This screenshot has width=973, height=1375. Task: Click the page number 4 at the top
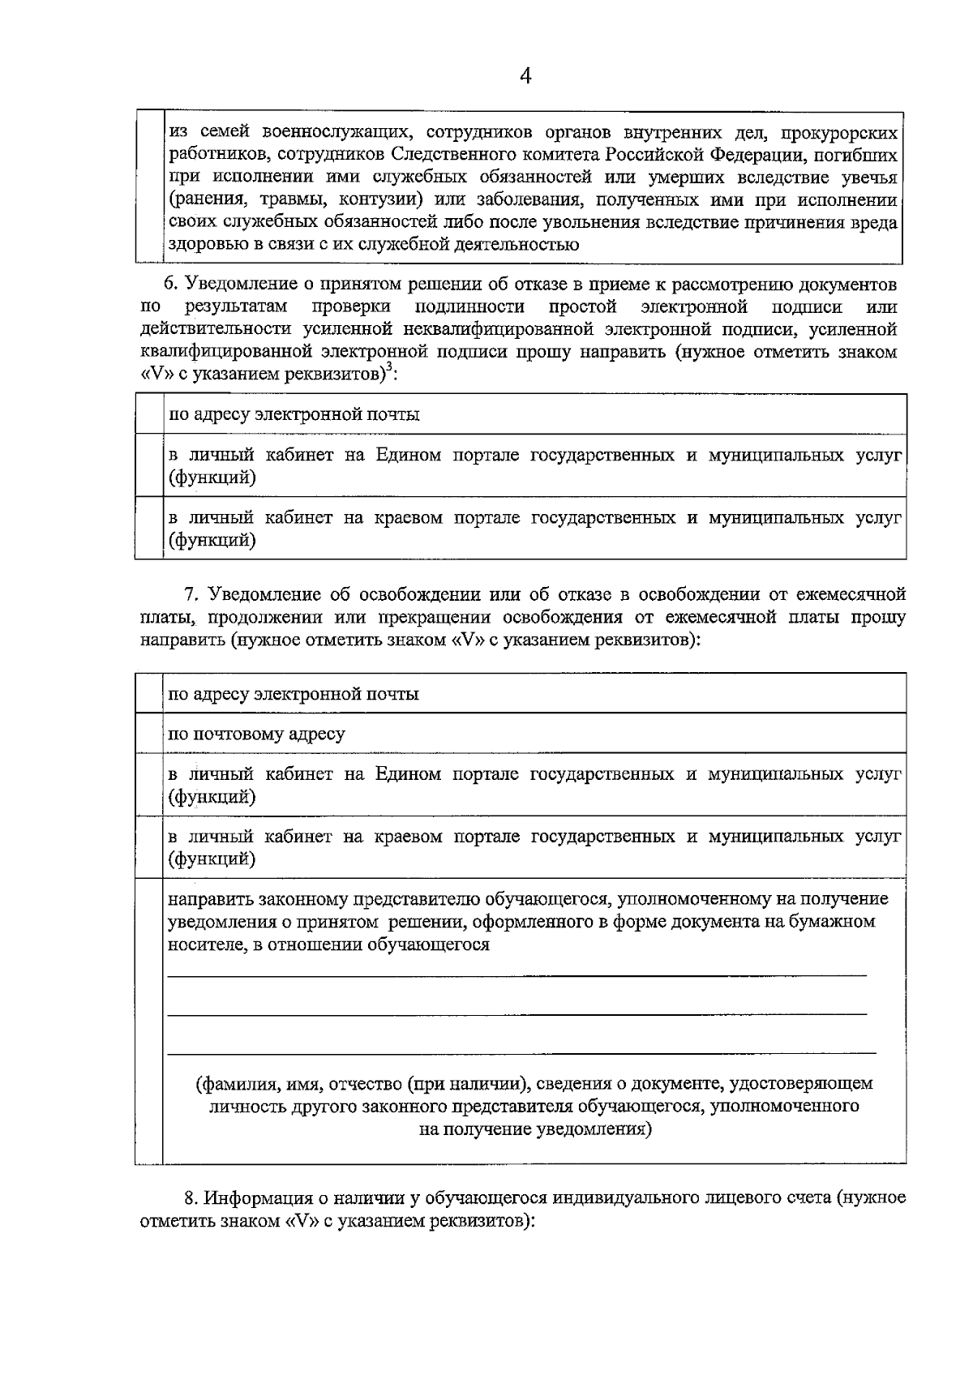click(525, 77)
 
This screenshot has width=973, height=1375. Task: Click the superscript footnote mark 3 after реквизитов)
click(388, 368)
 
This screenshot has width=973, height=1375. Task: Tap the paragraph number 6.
click(169, 285)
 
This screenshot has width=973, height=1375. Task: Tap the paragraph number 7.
click(191, 594)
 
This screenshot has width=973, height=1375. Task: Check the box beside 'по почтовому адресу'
click(149, 734)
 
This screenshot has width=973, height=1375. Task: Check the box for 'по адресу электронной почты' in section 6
click(149, 414)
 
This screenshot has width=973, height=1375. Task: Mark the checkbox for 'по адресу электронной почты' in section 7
click(149, 694)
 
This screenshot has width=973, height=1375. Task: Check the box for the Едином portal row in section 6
click(149, 465)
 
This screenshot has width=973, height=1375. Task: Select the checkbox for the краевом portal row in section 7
click(149, 847)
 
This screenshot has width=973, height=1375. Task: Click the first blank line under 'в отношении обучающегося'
click(517, 974)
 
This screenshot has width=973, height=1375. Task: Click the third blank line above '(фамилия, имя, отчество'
click(521, 1052)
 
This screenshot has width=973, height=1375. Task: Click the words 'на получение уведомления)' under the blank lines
click(535, 1129)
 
